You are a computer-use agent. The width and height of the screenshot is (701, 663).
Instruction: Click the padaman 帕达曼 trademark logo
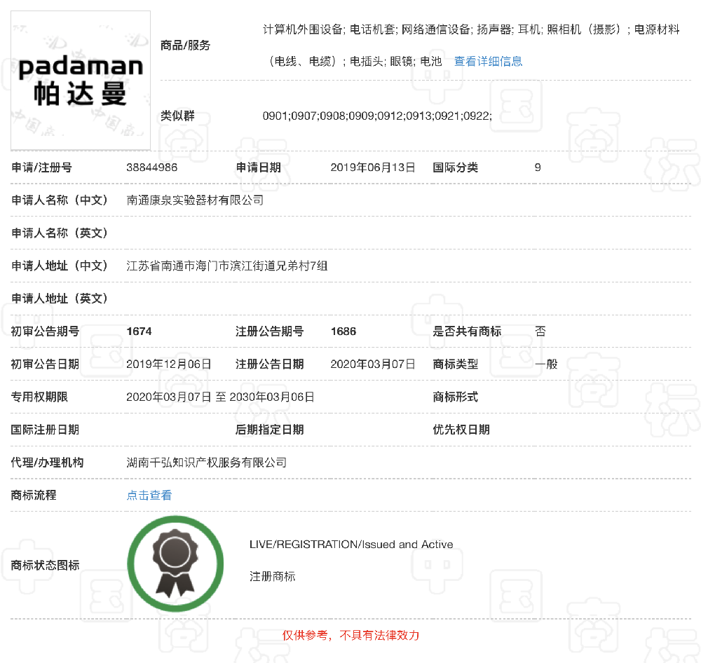pyautogui.click(x=81, y=80)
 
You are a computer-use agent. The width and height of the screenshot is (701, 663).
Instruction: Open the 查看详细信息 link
pyautogui.click(x=488, y=61)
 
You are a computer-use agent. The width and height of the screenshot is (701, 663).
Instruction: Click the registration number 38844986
pyautogui.click(x=151, y=168)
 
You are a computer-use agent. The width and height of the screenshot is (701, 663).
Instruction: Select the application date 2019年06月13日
pyautogui.click(x=373, y=168)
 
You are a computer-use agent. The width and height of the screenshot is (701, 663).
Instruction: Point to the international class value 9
pyautogui.click(x=538, y=168)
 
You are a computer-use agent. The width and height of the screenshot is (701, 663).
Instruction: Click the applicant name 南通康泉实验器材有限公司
pyautogui.click(x=195, y=200)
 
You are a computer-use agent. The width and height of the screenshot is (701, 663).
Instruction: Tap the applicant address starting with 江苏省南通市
pyautogui.click(x=226, y=266)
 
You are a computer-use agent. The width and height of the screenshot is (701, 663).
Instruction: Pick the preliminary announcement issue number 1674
pyautogui.click(x=139, y=331)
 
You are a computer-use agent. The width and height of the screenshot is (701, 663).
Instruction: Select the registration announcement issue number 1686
pyautogui.click(x=343, y=331)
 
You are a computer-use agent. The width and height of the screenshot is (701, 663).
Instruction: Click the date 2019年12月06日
pyautogui.click(x=168, y=364)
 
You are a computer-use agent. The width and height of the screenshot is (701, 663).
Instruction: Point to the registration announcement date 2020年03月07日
pyautogui.click(x=373, y=364)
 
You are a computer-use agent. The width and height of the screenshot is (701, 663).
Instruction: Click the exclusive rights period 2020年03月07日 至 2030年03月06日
pyautogui.click(x=220, y=397)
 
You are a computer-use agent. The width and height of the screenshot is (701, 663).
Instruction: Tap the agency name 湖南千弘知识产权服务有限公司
pyautogui.click(x=206, y=463)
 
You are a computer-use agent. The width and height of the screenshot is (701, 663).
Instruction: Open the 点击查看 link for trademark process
pyautogui.click(x=149, y=495)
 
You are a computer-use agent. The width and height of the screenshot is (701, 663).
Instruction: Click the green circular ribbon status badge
pyautogui.click(x=175, y=563)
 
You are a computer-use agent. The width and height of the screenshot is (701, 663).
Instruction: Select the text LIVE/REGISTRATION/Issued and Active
pyautogui.click(x=351, y=545)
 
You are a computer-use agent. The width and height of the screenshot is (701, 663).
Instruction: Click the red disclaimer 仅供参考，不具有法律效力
pyautogui.click(x=350, y=636)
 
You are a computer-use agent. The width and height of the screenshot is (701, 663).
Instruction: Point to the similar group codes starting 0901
pyautogui.click(x=377, y=116)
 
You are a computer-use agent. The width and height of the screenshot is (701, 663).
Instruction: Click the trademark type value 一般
pyautogui.click(x=546, y=364)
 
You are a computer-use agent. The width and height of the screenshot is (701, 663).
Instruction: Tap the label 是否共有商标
pyautogui.click(x=467, y=331)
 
